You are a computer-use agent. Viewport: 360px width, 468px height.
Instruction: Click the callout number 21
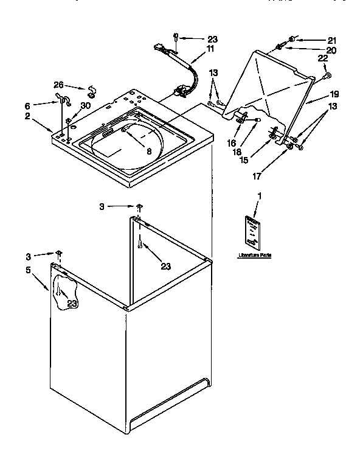tap(331, 40)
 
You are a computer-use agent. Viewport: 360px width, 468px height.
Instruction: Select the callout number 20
tap(331, 50)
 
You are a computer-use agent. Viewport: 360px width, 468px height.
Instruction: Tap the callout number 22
tap(322, 58)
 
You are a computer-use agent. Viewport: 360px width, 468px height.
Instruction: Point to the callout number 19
tap(334, 94)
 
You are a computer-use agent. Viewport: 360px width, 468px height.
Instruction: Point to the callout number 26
tap(58, 85)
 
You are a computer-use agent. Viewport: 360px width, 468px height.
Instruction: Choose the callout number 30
tap(85, 105)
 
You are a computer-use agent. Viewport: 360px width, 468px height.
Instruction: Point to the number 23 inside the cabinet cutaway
tap(71, 304)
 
